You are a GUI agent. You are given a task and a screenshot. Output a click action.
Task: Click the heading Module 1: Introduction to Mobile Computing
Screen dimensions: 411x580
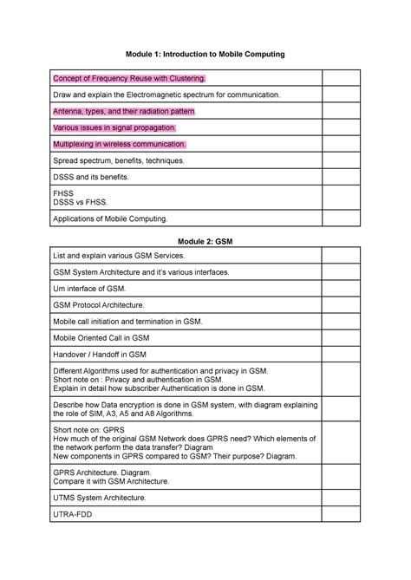coord(205,54)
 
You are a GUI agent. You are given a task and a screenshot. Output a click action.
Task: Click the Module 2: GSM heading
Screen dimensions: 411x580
coord(205,238)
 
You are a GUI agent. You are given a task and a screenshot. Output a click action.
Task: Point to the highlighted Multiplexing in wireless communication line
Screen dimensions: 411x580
coord(120,144)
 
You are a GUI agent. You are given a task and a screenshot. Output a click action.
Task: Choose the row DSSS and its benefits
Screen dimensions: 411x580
coord(91,176)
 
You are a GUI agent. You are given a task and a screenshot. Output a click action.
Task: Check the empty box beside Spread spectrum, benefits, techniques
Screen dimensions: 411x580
coord(341,160)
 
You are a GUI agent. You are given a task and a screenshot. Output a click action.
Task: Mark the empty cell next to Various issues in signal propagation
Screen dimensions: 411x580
coord(341,127)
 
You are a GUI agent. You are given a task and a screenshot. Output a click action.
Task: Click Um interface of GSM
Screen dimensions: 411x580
coord(89,289)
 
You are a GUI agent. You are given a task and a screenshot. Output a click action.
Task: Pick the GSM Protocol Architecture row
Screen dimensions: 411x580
coord(100,305)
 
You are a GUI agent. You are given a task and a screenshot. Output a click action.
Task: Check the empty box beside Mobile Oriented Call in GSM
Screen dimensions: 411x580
coord(341,337)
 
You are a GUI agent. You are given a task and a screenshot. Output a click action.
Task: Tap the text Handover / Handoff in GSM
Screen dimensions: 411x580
coord(100,354)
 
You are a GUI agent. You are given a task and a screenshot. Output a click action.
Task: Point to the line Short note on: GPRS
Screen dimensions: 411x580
coord(90,429)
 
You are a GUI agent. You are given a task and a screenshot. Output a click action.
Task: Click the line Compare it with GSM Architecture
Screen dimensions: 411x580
coord(112,480)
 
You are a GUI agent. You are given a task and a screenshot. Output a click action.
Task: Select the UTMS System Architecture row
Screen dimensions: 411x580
coord(100,498)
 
